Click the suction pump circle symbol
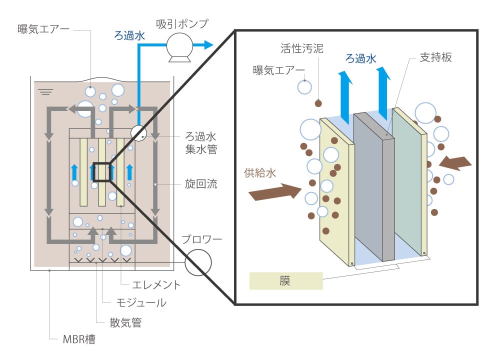179,45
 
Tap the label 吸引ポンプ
182,24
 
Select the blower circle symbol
198,262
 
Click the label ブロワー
201,239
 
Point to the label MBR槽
79,339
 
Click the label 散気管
125,322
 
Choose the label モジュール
141,302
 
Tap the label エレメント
156,284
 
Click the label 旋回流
201,183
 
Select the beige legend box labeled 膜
286,281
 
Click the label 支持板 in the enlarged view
435,57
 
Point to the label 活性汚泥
301,48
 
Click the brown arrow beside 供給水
274,192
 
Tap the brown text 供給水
260,173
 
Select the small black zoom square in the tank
101,172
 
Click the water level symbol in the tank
45,91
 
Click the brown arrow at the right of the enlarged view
455,163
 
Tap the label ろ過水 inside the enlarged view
361,58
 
